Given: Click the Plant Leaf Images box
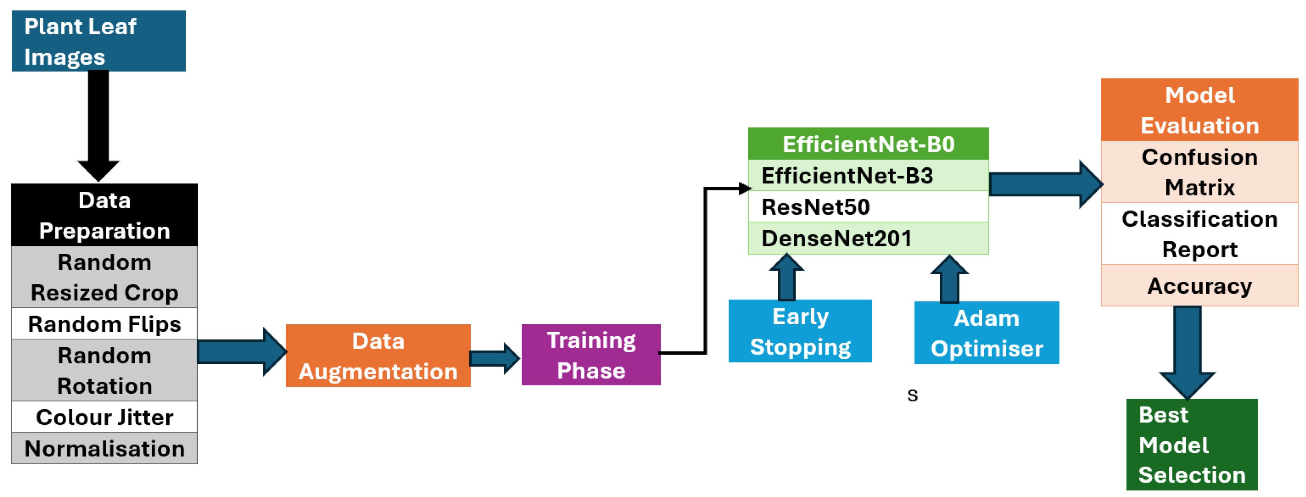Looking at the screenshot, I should [x=98, y=41].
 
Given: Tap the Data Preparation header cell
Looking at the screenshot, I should [x=104, y=215].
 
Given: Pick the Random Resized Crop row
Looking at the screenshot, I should [x=104, y=277].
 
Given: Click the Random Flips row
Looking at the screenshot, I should [x=104, y=324].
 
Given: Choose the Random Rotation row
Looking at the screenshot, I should [x=104, y=370].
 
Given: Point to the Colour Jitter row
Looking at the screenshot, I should [x=104, y=417].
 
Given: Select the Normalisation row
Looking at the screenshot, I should [x=104, y=448].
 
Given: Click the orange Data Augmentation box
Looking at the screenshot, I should [x=378, y=356].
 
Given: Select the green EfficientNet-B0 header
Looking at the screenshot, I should [x=868, y=144].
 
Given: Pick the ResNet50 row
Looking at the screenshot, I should [x=868, y=207].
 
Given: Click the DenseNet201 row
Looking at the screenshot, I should [x=868, y=238].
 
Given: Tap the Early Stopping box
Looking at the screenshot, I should [x=800, y=331].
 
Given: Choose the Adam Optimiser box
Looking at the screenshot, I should [x=986, y=333].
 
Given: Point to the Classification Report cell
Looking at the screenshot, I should [x=1199, y=234].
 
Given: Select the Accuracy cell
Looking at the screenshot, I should [x=1199, y=286].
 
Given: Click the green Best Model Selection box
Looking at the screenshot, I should [x=1191, y=444].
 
